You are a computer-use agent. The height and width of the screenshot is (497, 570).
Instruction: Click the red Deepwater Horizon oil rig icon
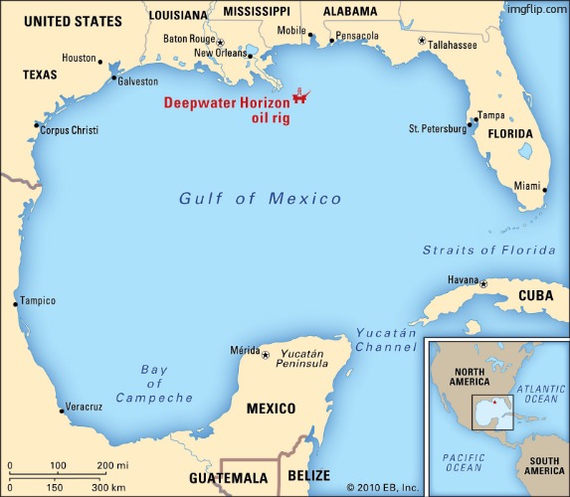[300, 96]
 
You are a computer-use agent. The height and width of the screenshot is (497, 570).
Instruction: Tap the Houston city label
[79, 58]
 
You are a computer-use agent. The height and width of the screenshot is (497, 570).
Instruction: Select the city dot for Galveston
[114, 78]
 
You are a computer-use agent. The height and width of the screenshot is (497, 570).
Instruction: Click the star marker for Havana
[484, 284]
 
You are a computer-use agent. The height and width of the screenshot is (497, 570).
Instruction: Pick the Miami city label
[528, 186]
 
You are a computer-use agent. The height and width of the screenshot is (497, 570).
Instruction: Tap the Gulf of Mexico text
[260, 199]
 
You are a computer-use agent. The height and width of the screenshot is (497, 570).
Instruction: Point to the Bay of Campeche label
[154, 385]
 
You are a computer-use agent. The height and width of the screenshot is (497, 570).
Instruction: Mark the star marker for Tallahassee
[422, 42]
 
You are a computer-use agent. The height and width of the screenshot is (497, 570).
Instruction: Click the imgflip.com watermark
[535, 8]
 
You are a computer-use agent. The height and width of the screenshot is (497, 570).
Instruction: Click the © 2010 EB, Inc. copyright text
[383, 487]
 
